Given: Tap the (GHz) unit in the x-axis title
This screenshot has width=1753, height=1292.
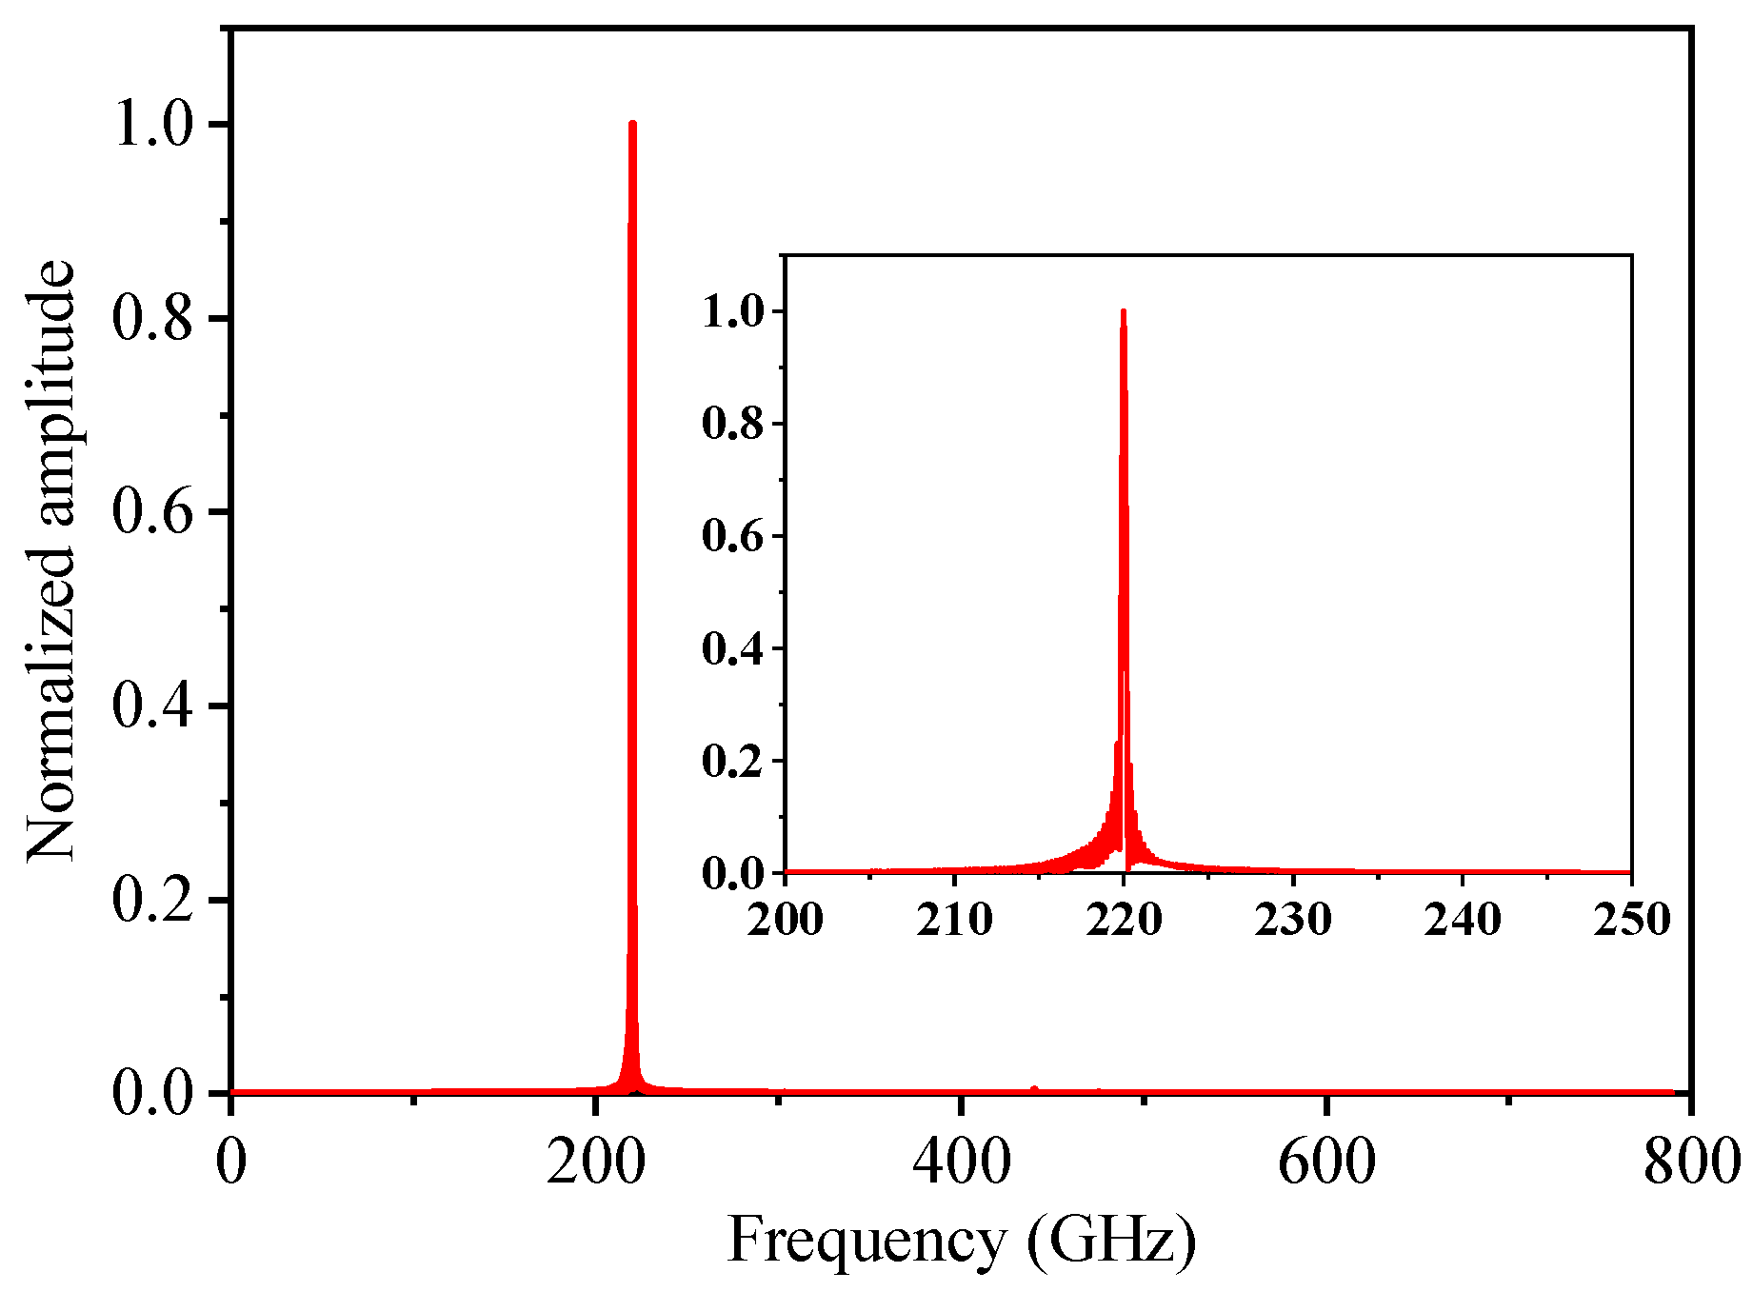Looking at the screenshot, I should tap(1111, 1241).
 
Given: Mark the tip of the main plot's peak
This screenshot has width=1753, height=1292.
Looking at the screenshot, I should tap(632, 124).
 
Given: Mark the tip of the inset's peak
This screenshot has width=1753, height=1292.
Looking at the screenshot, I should tap(1124, 311).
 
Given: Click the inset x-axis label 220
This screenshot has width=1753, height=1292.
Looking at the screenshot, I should tap(1124, 920).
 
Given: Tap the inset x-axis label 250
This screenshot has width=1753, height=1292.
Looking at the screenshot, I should tap(1631, 920).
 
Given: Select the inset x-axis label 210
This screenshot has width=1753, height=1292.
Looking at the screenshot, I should tap(954, 920).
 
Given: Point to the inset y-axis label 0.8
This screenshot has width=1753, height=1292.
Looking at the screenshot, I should tap(732, 424).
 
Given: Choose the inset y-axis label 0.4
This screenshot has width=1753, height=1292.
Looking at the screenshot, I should tap(732, 648).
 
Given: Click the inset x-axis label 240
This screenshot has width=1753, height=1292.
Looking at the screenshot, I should tap(1462, 920).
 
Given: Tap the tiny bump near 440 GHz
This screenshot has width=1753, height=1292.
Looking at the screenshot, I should tap(1034, 1088).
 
